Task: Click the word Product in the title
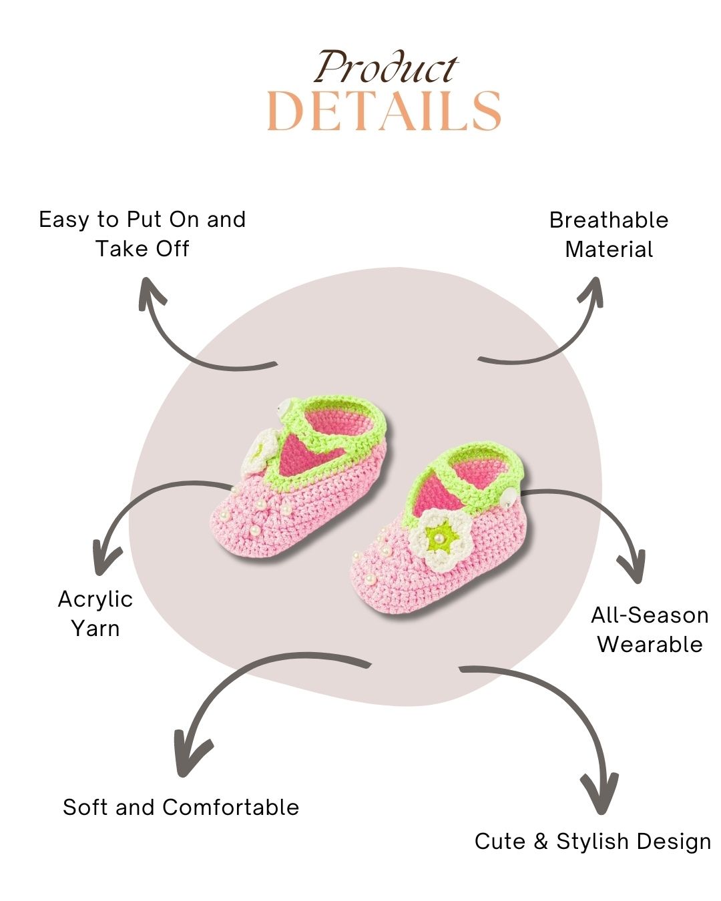pyautogui.click(x=386, y=67)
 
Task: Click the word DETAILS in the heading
pyautogui.click(x=384, y=111)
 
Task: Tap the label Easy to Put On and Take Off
pyautogui.click(x=142, y=234)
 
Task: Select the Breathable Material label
pyautogui.click(x=609, y=234)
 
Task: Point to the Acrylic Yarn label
pyautogui.click(x=95, y=613)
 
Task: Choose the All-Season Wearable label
pyautogui.click(x=650, y=629)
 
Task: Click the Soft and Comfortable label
pyautogui.click(x=181, y=807)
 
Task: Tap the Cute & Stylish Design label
pyautogui.click(x=593, y=841)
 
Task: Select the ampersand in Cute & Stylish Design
pyautogui.click(x=541, y=841)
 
